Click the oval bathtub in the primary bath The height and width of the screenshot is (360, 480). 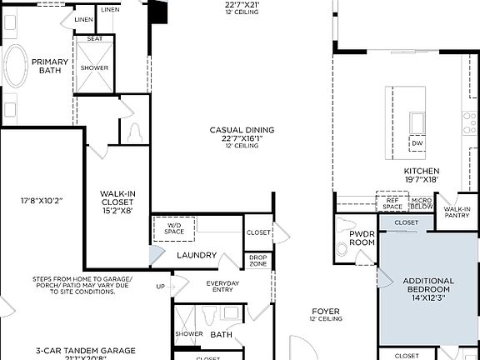(16, 66)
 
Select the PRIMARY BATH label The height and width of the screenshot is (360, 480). (50, 66)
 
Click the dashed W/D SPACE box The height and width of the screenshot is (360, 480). (174, 228)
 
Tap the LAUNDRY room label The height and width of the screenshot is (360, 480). (197, 255)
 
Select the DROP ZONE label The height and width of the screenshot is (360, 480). (257, 261)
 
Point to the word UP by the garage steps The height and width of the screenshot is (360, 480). (161, 286)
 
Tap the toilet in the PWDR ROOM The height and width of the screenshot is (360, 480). (342, 248)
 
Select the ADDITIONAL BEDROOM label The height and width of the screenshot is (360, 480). (428, 286)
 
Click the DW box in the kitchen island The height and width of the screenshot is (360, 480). (417, 143)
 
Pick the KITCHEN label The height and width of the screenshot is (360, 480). (421, 171)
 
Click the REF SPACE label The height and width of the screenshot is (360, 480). (392, 202)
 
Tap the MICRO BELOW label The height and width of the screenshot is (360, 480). (421, 202)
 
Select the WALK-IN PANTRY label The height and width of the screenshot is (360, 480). (457, 212)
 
